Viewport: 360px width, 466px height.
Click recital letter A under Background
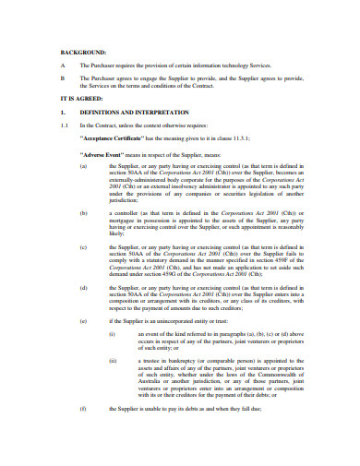pos(61,66)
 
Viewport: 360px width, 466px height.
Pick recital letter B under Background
pos(61,79)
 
